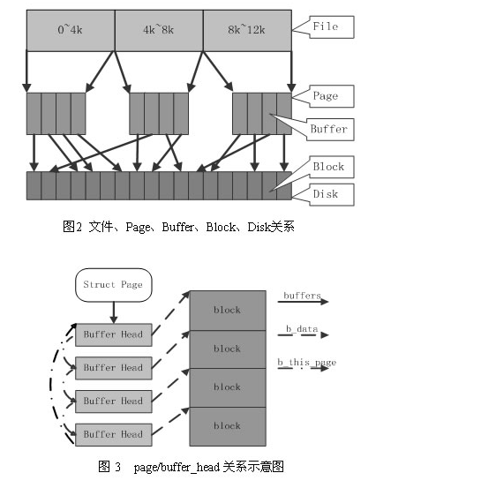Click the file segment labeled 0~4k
(x=71, y=30)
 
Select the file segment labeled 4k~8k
(x=159, y=30)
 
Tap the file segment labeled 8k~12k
(x=247, y=30)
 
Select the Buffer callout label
(x=328, y=129)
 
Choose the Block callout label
(x=328, y=167)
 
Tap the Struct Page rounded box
(x=112, y=284)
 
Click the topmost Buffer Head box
(x=112, y=334)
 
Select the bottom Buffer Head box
(x=112, y=434)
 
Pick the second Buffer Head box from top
(x=112, y=367)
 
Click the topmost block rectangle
(x=227, y=310)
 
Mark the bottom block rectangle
(x=227, y=425)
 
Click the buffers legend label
(x=302, y=296)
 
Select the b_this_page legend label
(x=306, y=363)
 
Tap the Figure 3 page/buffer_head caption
(x=191, y=467)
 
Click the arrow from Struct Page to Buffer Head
(x=113, y=311)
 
